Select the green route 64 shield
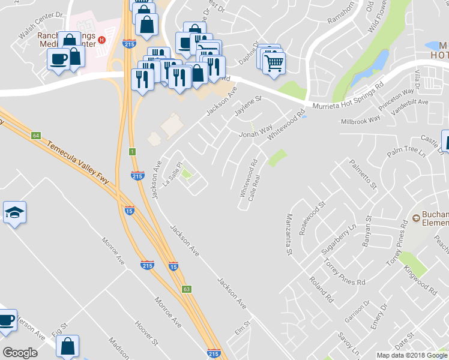click(x=36, y=136)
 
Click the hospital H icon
click(x=102, y=40)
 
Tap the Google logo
click(x=20, y=353)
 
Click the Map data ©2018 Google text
click(x=411, y=355)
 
